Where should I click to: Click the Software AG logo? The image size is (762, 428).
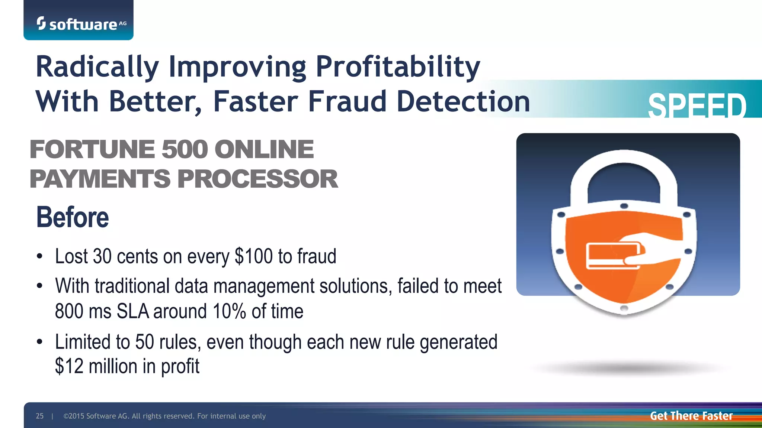click(81, 24)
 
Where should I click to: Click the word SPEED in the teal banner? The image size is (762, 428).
click(697, 106)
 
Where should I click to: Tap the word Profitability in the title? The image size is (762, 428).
click(398, 67)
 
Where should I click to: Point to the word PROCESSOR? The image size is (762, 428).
click(257, 179)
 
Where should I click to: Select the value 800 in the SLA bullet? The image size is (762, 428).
click(68, 311)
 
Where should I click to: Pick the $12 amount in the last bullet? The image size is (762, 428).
click(69, 366)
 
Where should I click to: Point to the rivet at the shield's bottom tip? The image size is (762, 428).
click(624, 308)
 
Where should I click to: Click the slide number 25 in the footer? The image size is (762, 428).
click(39, 416)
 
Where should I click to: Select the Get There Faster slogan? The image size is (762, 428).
click(691, 416)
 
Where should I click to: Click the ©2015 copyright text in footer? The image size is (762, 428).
click(164, 416)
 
